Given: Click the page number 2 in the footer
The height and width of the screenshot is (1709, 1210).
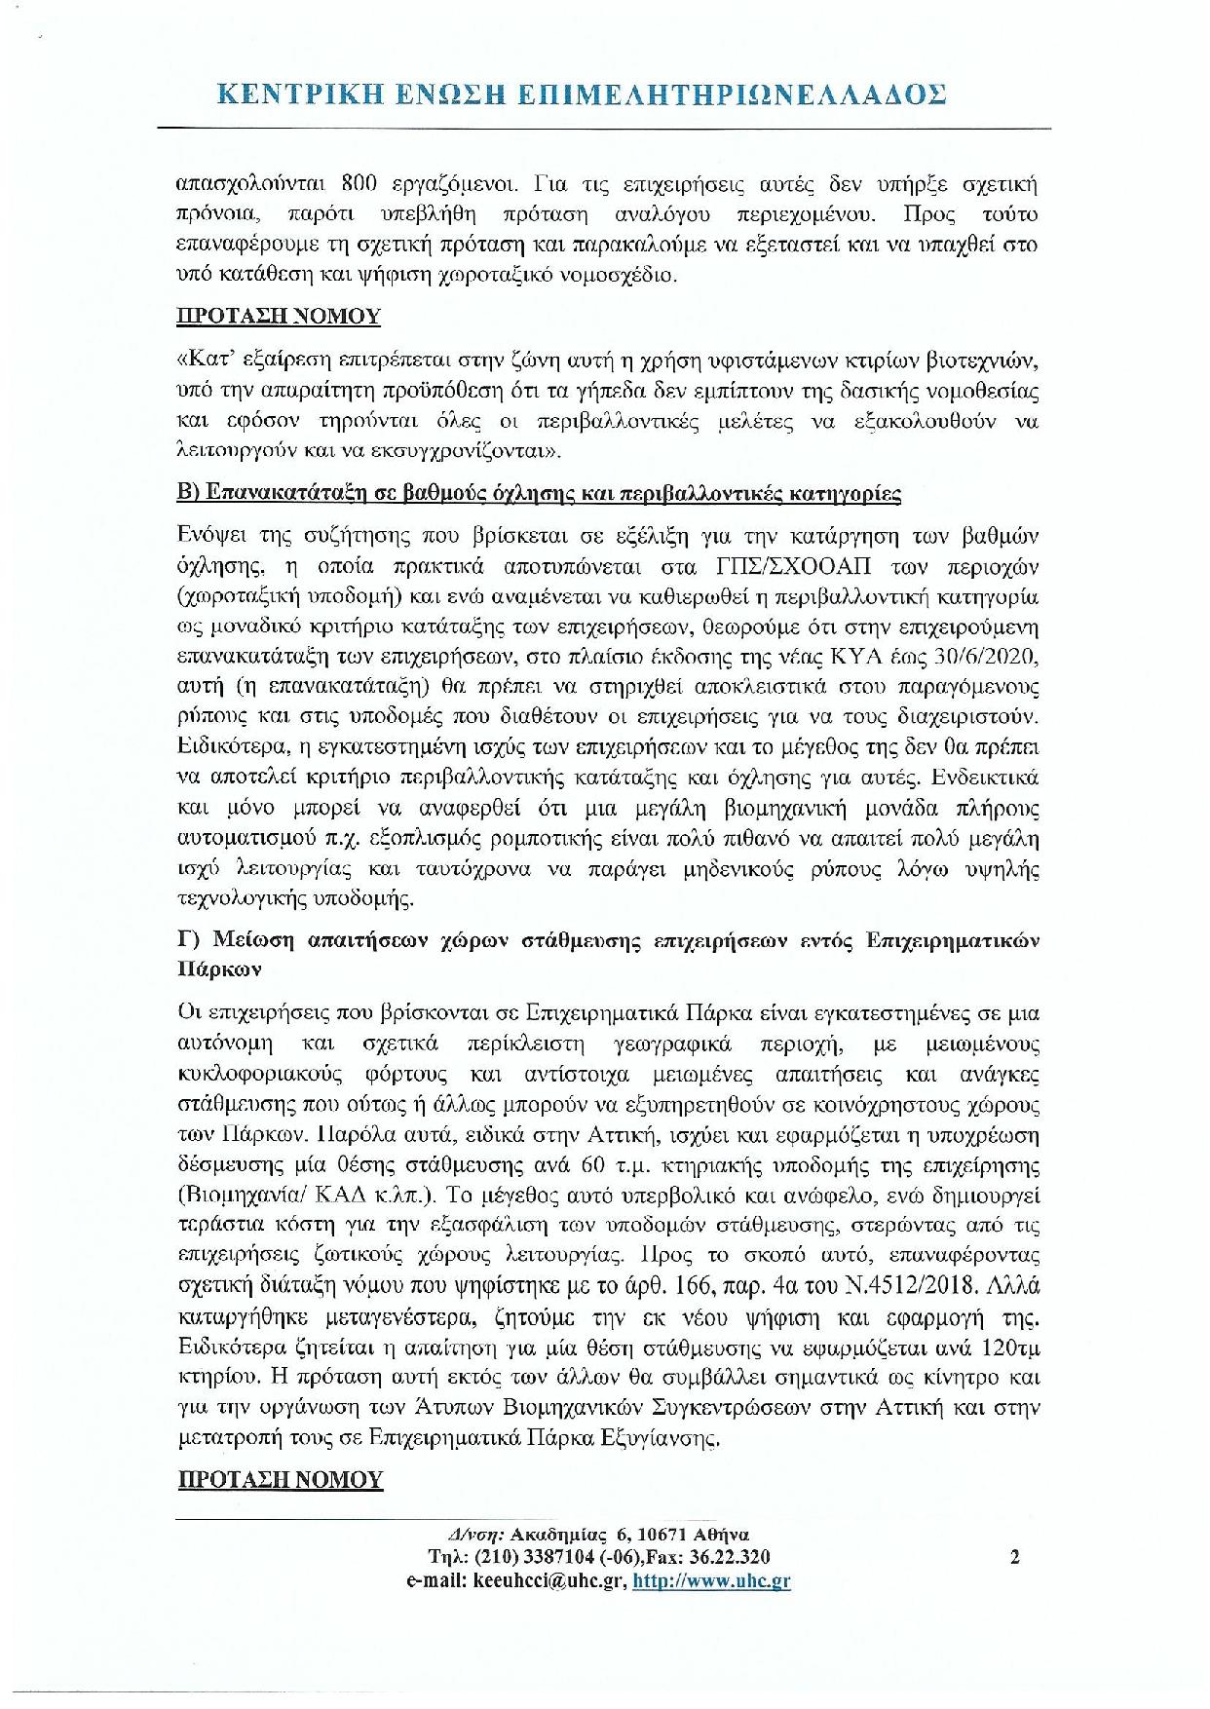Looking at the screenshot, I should point(1015,1557).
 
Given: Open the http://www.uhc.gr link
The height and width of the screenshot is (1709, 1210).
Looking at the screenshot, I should point(711,1581).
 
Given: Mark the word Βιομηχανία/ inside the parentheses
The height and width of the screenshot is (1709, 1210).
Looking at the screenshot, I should point(238,1196).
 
